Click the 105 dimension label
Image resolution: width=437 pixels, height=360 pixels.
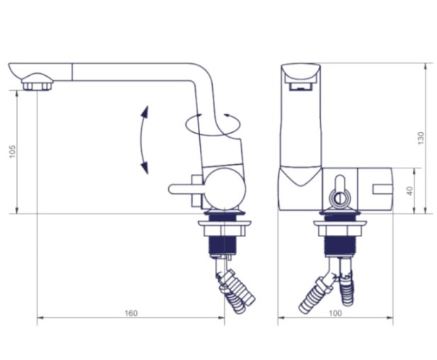[13, 151]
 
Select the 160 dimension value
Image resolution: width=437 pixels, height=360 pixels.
[131, 313]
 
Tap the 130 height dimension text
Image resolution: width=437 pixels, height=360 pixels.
[421, 138]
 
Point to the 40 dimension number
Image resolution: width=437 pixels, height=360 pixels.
[410, 191]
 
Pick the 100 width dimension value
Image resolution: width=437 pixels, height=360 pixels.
[335, 313]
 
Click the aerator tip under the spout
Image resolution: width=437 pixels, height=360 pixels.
[37, 83]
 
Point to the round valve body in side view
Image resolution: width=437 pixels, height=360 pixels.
[225, 188]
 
